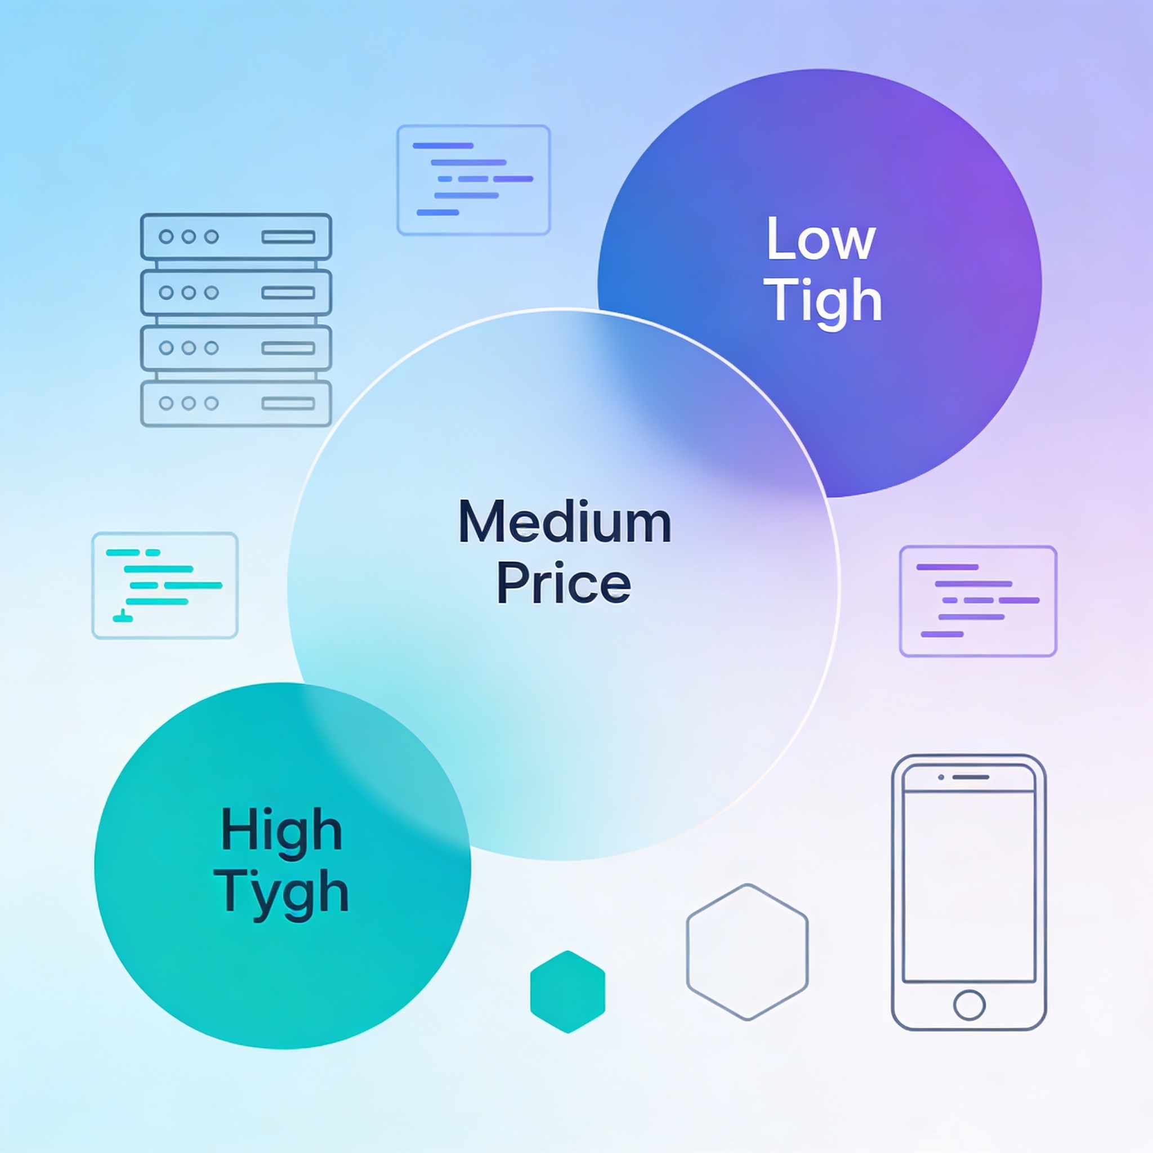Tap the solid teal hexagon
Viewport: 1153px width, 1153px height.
tap(567, 992)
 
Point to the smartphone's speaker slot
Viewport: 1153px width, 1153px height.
tap(971, 777)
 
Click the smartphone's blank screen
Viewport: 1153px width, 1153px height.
tap(969, 886)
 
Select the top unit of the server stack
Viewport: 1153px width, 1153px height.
tap(236, 237)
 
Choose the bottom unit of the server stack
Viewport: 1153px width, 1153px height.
tap(236, 404)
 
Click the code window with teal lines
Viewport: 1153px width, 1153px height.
tap(165, 586)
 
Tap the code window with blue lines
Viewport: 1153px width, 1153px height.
tap(473, 180)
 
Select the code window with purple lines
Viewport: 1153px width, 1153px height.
tap(978, 601)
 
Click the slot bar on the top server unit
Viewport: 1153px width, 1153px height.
tap(288, 237)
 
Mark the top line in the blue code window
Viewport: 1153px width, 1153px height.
tap(443, 146)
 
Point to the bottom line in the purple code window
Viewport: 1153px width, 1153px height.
tap(942, 634)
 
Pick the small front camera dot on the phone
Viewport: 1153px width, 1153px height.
tap(941, 777)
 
